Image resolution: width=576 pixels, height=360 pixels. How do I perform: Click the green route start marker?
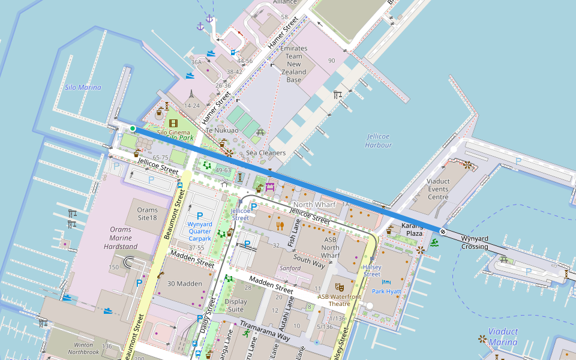[x=133, y=128]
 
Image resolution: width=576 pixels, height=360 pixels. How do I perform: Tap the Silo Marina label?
[x=83, y=88]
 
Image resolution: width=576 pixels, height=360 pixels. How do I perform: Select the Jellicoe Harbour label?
[x=378, y=140]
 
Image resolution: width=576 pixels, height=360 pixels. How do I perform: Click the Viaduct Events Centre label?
[x=438, y=188]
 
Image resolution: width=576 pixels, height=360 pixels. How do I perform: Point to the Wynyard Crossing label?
[x=482, y=242]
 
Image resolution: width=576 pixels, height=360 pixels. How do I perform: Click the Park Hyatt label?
[x=386, y=291]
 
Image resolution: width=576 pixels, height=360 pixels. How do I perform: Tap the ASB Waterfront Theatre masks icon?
[x=339, y=287]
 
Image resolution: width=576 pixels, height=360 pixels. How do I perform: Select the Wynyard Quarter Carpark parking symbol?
[x=200, y=215]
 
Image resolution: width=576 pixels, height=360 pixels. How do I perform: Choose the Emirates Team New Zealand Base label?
[x=293, y=64]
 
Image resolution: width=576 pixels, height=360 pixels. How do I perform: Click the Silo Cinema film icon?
[x=173, y=123]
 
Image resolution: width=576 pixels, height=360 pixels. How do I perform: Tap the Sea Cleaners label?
[x=266, y=153]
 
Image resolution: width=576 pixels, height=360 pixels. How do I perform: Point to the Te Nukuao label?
[x=222, y=130]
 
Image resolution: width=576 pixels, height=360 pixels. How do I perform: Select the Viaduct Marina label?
[x=503, y=337]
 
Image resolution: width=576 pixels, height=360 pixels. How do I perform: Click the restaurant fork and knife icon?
[x=280, y=226]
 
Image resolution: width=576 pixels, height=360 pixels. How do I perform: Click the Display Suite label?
[x=236, y=305]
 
